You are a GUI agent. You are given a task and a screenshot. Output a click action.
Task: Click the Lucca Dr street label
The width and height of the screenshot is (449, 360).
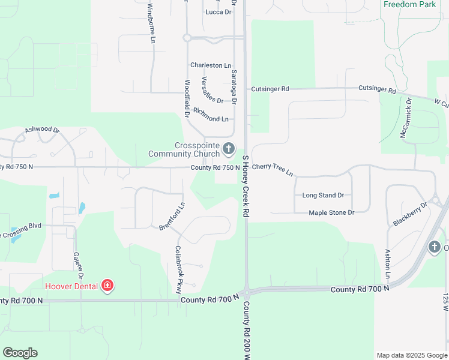coord(218,12)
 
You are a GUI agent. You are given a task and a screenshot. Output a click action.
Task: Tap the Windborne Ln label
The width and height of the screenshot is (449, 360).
coord(151,23)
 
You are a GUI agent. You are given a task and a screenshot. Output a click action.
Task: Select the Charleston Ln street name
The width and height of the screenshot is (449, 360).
coord(211,65)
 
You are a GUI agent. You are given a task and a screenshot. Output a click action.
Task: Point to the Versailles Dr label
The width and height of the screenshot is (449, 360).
coord(212,89)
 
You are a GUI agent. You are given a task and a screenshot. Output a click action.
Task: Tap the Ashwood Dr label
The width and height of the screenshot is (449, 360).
coord(42,130)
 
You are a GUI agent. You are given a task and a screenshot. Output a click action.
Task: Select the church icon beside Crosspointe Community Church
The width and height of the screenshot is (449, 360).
coord(228,148)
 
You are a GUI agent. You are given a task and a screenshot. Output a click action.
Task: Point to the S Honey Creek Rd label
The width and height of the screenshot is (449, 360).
coord(246,186)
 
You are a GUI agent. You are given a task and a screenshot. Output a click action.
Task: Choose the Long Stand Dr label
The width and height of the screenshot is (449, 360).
coord(323,195)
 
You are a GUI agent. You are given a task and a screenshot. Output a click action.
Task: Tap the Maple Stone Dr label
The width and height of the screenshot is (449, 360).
coord(331,212)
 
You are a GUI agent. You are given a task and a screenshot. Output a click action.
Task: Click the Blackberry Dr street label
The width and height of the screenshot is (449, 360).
coord(411,214)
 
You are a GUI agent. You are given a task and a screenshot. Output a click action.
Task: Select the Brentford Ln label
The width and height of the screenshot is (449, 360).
coord(172,217)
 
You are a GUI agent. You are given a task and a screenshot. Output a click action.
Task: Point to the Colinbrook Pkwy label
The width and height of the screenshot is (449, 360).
coord(178,269)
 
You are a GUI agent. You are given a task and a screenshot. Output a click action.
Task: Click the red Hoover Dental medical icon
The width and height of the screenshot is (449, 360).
coord(107,286)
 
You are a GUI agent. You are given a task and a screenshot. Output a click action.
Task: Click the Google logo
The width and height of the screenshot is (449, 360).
coord(20,353)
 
